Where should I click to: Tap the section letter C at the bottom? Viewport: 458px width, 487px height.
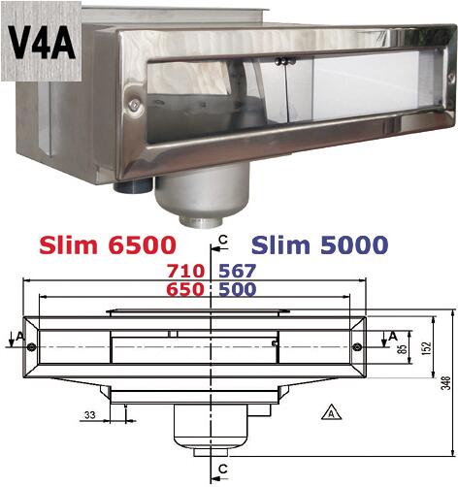pyautogui.click(x=224, y=469)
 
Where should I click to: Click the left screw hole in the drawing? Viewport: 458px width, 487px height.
pyautogui.click(x=32, y=347)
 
